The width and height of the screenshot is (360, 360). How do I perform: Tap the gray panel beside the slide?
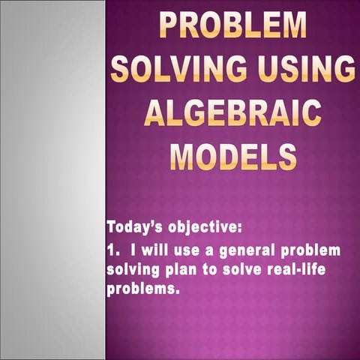pos(52,180)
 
